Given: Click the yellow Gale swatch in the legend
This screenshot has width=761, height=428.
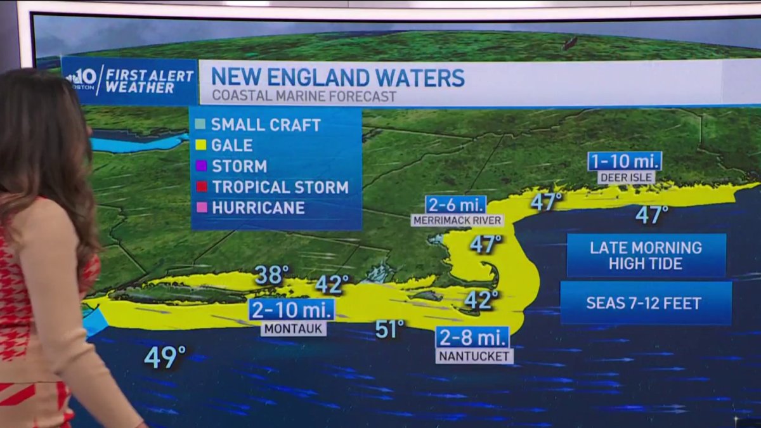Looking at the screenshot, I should point(200,145).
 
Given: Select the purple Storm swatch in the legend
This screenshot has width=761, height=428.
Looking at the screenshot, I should point(200,166).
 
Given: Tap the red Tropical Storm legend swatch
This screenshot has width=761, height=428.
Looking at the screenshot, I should point(200,187).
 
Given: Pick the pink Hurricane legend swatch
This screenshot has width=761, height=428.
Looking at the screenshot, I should point(200,207).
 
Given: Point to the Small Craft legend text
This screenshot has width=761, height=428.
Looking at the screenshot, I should point(266,125).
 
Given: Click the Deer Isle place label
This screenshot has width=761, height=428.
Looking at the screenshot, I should point(626,178).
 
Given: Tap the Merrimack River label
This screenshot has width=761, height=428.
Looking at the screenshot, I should point(457,220).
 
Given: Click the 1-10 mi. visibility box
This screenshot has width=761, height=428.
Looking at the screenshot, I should point(625,161).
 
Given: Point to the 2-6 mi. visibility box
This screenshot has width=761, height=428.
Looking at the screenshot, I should point(456,204).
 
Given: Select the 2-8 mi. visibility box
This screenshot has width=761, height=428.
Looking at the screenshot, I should point(472,337).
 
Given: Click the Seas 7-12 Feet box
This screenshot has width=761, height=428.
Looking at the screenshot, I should point(646,303).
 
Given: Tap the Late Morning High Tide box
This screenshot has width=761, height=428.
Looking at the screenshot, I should point(646,255).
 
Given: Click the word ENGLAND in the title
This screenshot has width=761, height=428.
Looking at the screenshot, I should point(335,77).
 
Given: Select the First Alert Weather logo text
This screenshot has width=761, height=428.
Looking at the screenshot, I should point(149,81).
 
